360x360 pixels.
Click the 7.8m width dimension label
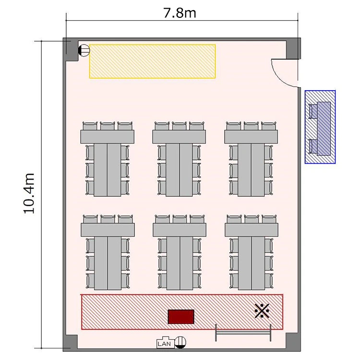tap(180, 13)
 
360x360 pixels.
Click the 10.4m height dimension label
tap(29, 193)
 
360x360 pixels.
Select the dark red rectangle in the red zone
tap(181, 317)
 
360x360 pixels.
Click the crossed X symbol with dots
tap(262, 311)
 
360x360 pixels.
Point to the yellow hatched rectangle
tap(152, 61)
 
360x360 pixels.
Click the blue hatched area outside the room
tap(320, 127)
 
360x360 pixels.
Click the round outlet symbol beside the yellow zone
tap(84, 50)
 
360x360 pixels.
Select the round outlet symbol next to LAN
tap(180, 342)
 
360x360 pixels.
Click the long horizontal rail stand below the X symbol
tap(243, 333)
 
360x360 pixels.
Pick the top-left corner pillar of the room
tap(70, 49)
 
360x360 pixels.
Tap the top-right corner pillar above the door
tap(293, 48)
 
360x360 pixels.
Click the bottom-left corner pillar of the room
tap(70, 343)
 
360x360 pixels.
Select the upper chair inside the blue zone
tap(312, 111)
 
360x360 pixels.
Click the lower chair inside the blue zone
tap(312, 146)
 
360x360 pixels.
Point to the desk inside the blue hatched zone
tap(324, 129)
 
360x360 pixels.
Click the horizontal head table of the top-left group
tap(108, 137)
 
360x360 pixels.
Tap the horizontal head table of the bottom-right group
tap(252, 230)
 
